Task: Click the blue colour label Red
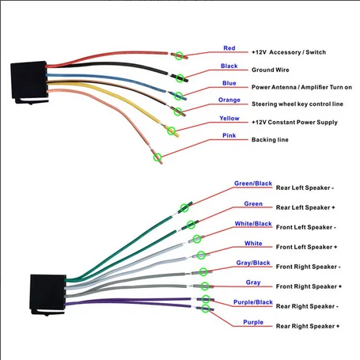tap(229, 48)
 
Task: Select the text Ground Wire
tap(271, 70)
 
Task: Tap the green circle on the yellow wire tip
tap(172, 131)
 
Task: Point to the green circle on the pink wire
tap(157, 157)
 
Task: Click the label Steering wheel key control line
tap(297, 104)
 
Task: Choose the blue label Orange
tap(229, 100)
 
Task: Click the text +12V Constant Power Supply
tap(294, 122)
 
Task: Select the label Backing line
tap(270, 139)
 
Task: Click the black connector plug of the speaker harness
tap(47, 294)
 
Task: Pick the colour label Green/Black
tap(253, 184)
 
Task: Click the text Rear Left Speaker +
tap(305, 207)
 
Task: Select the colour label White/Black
tap(253, 224)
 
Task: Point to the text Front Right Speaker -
tap(308, 267)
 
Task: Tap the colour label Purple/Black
tap(253, 302)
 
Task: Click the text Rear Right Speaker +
tap(308, 326)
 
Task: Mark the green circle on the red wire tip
tap(179, 55)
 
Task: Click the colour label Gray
tap(253, 282)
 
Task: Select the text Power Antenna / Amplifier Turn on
tap(301, 87)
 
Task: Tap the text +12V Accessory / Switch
tap(289, 52)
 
